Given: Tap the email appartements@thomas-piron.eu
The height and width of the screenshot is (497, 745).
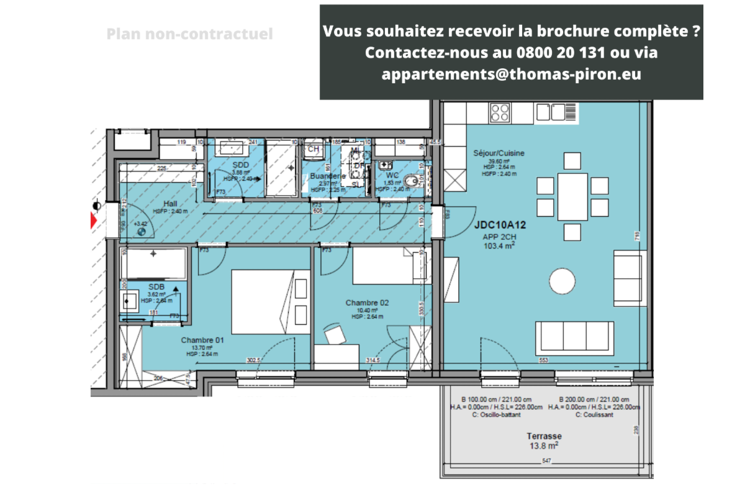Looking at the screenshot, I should pos(511,74).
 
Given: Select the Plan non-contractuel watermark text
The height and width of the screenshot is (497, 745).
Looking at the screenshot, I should pos(189,34).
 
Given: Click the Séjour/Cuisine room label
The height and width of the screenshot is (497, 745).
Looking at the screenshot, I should pos(499,153).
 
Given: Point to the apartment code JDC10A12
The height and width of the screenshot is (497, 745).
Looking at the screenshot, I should pos(500,226).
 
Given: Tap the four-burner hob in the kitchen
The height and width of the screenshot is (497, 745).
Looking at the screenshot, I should pos(500,112).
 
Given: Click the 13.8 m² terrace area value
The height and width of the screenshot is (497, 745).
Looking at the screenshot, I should pos(543,445).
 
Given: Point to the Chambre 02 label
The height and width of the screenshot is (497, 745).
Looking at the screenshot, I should pos(367,303).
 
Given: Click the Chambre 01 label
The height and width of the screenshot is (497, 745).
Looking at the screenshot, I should pos(202,340).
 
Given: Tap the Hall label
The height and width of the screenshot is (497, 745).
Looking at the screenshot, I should pos(171,204).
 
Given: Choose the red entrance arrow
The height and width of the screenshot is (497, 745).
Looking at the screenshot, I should pos(93,220).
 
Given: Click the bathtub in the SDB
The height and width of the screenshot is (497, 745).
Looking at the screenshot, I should pos(153,263).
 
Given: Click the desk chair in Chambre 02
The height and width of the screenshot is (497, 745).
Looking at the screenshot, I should pos(335,333).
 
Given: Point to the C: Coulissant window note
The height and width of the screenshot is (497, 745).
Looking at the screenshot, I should pos(595,415).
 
